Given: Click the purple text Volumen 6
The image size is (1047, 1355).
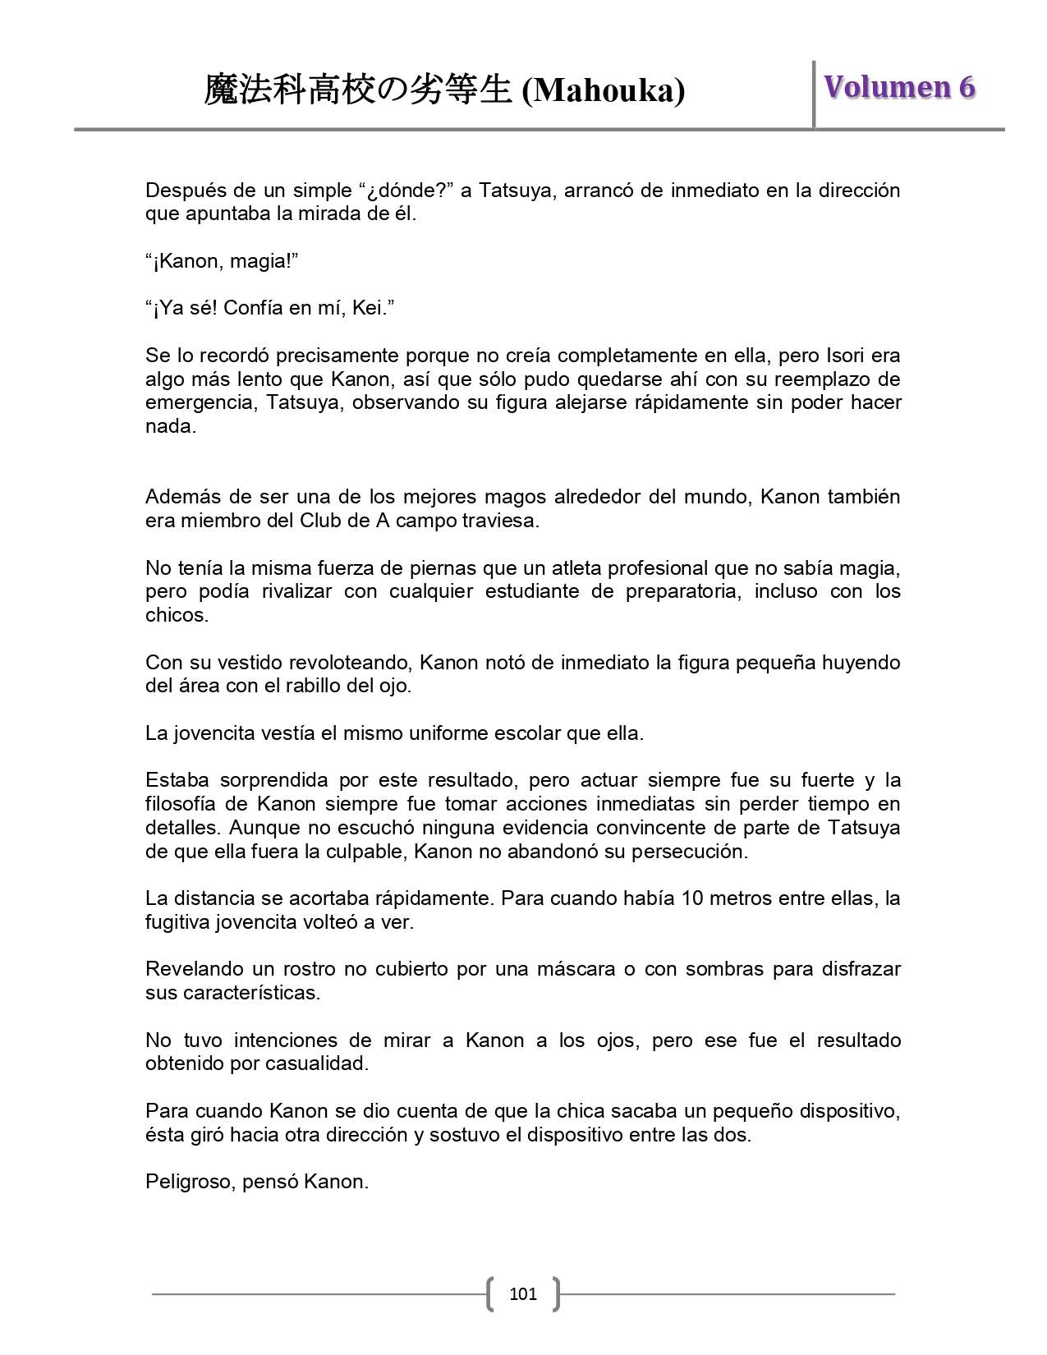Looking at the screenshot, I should [x=899, y=87].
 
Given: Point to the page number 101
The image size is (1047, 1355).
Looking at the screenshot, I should [x=523, y=1294].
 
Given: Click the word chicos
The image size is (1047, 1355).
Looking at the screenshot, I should [x=177, y=616].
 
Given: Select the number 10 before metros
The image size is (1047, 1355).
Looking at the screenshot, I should [x=692, y=898].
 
